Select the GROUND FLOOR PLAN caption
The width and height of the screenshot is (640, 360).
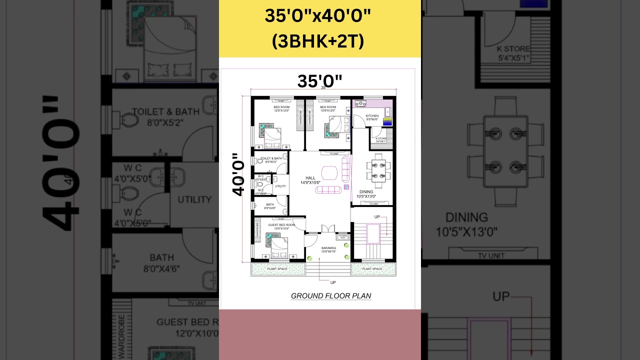coord(331,296)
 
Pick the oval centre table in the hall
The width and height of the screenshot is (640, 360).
coord(329,172)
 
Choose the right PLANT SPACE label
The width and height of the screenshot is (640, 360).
coord(372,269)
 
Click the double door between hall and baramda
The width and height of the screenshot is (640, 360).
coord(328,229)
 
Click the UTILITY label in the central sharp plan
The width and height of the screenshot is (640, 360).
coord(280,186)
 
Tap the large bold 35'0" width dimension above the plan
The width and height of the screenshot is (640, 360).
coord(319,81)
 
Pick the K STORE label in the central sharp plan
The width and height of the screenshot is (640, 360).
coord(381,139)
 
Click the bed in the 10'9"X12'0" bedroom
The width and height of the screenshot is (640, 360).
coord(335,126)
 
